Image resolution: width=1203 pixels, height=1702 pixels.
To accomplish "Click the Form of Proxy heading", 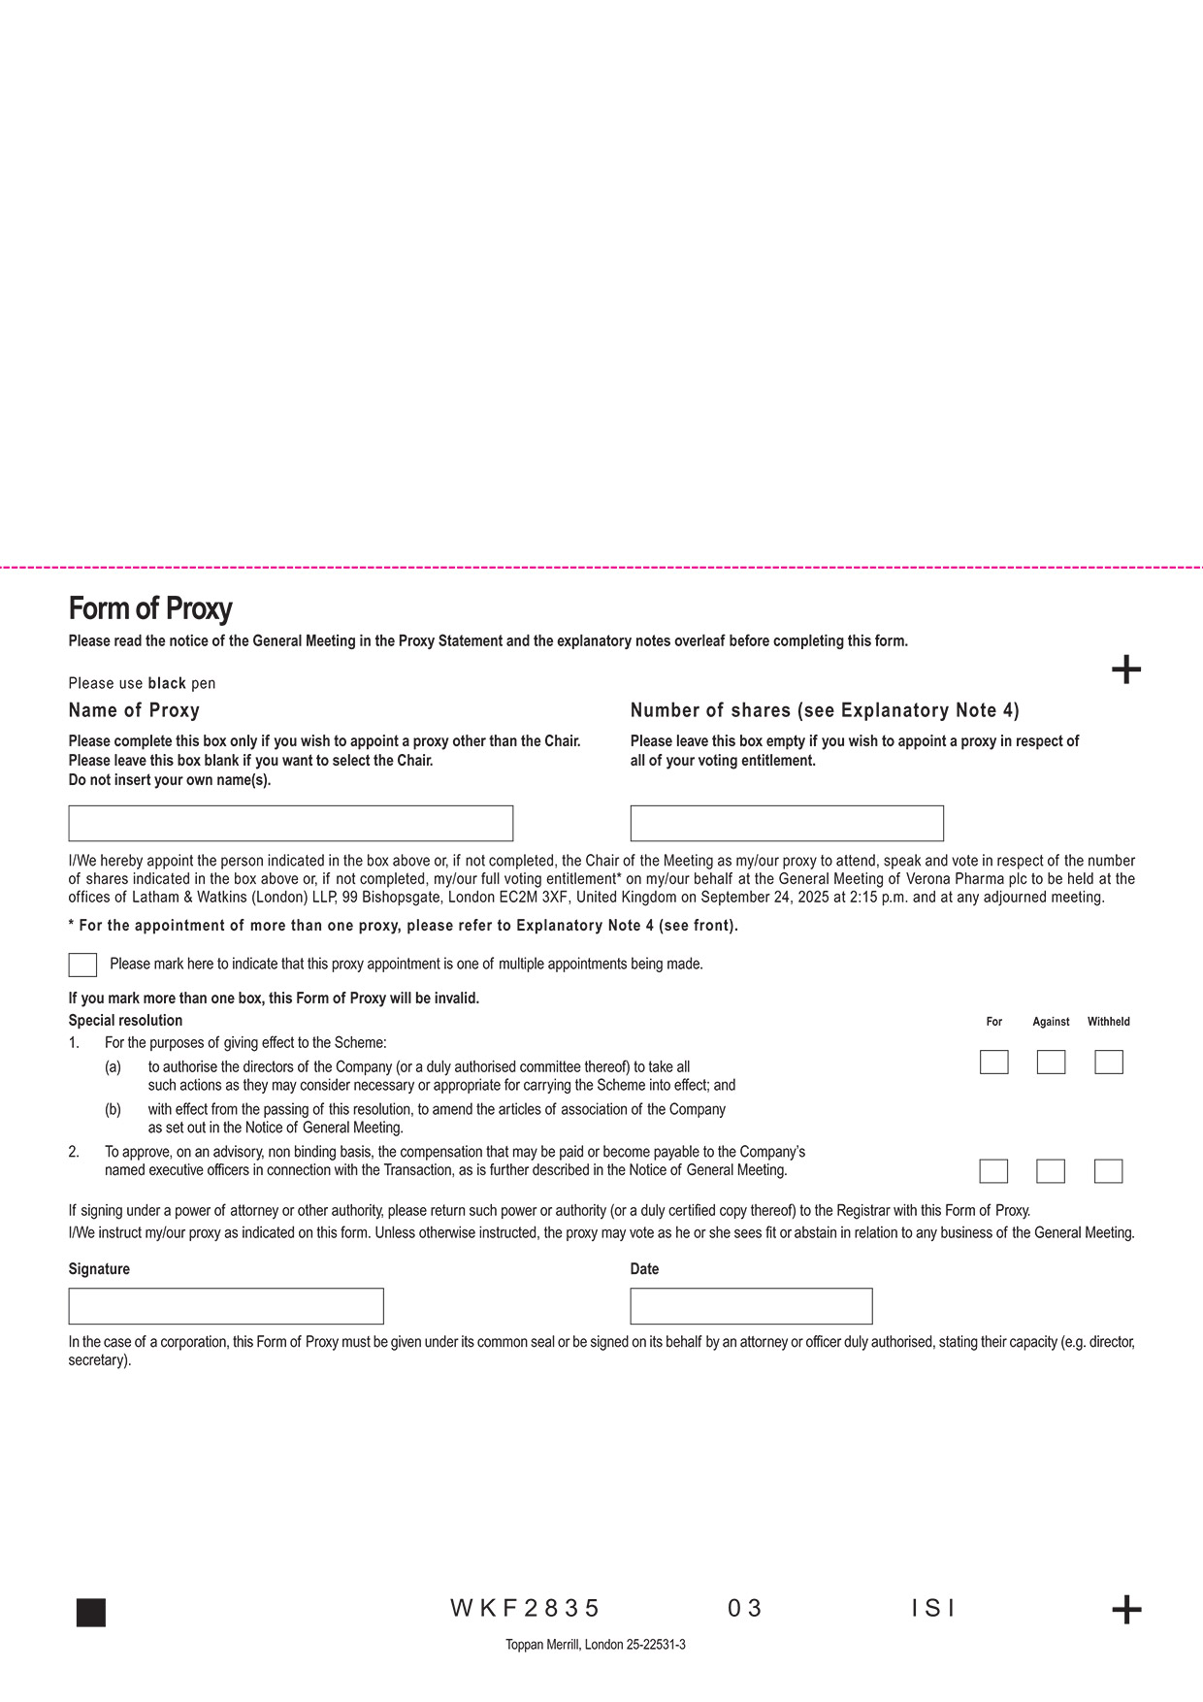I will point(150,608).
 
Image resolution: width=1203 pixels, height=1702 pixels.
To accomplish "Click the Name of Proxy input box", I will point(290,823).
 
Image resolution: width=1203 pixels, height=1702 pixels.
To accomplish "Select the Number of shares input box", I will point(786,823).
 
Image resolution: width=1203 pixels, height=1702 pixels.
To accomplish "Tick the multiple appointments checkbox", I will point(82,965).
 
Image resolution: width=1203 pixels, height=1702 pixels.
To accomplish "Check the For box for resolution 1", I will point(993,1062).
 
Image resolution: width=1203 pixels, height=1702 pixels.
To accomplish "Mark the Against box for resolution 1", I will point(1051,1062).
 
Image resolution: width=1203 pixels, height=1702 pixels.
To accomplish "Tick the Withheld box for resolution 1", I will point(1108,1062).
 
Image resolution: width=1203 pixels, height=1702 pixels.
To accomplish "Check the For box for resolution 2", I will point(993,1170).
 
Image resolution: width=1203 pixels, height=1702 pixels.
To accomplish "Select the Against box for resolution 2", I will point(1051,1170).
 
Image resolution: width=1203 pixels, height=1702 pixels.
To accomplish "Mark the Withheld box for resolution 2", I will point(1108,1170).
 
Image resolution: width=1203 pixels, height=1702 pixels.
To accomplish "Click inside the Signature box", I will point(226,1306).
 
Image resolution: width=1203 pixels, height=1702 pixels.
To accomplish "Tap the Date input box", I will point(751,1306).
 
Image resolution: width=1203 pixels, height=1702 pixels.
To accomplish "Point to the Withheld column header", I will point(1108,1022).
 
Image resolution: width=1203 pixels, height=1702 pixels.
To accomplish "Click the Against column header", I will point(1051,1022).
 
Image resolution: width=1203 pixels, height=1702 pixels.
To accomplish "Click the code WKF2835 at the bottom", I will point(525,1609).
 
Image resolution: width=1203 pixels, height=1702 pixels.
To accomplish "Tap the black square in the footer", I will point(91,1612).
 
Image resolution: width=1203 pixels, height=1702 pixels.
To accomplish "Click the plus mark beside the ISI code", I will point(1126,1610).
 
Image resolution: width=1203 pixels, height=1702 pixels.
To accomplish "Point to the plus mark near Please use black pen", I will point(1126,670).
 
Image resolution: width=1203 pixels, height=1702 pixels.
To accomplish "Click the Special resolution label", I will point(125,1021).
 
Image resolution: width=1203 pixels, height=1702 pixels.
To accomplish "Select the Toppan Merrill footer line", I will point(595,1645).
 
